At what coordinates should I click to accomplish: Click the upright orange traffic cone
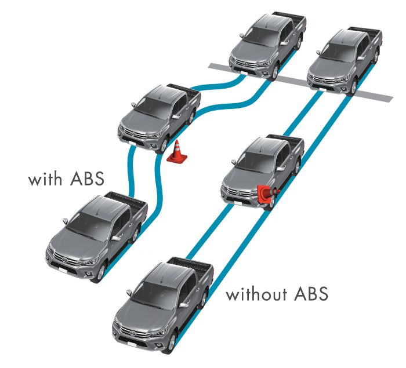pyautogui.click(x=177, y=152)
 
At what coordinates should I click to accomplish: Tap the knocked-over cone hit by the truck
pyautogui.click(x=268, y=194)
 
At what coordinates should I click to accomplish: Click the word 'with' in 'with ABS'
pyautogui.click(x=45, y=178)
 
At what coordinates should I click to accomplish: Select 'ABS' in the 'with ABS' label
pyautogui.click(x=87, y=178)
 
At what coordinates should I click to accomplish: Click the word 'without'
pyautogui.click(x=256, y=294)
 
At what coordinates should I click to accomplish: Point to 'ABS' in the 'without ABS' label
pyautogui.click(x=311, y=294)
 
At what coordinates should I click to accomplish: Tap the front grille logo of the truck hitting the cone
pyautogui.click(x=239, y=192)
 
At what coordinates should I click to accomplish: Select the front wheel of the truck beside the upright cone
pyautogui.click(x=164, y=146)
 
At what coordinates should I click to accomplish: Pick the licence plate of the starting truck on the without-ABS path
pyautogui.click(x=132, y=345)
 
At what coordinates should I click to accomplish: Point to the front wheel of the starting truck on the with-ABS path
pyautogui.click(x=101, y=272)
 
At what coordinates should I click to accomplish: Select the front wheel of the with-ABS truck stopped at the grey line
pyautogui.click(x=274, y=72)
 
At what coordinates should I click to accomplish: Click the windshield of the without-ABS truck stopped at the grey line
pyautogui.click(x=336, y=53)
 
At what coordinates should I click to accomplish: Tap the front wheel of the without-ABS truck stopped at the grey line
pyautogui.click(x=353, y=87)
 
